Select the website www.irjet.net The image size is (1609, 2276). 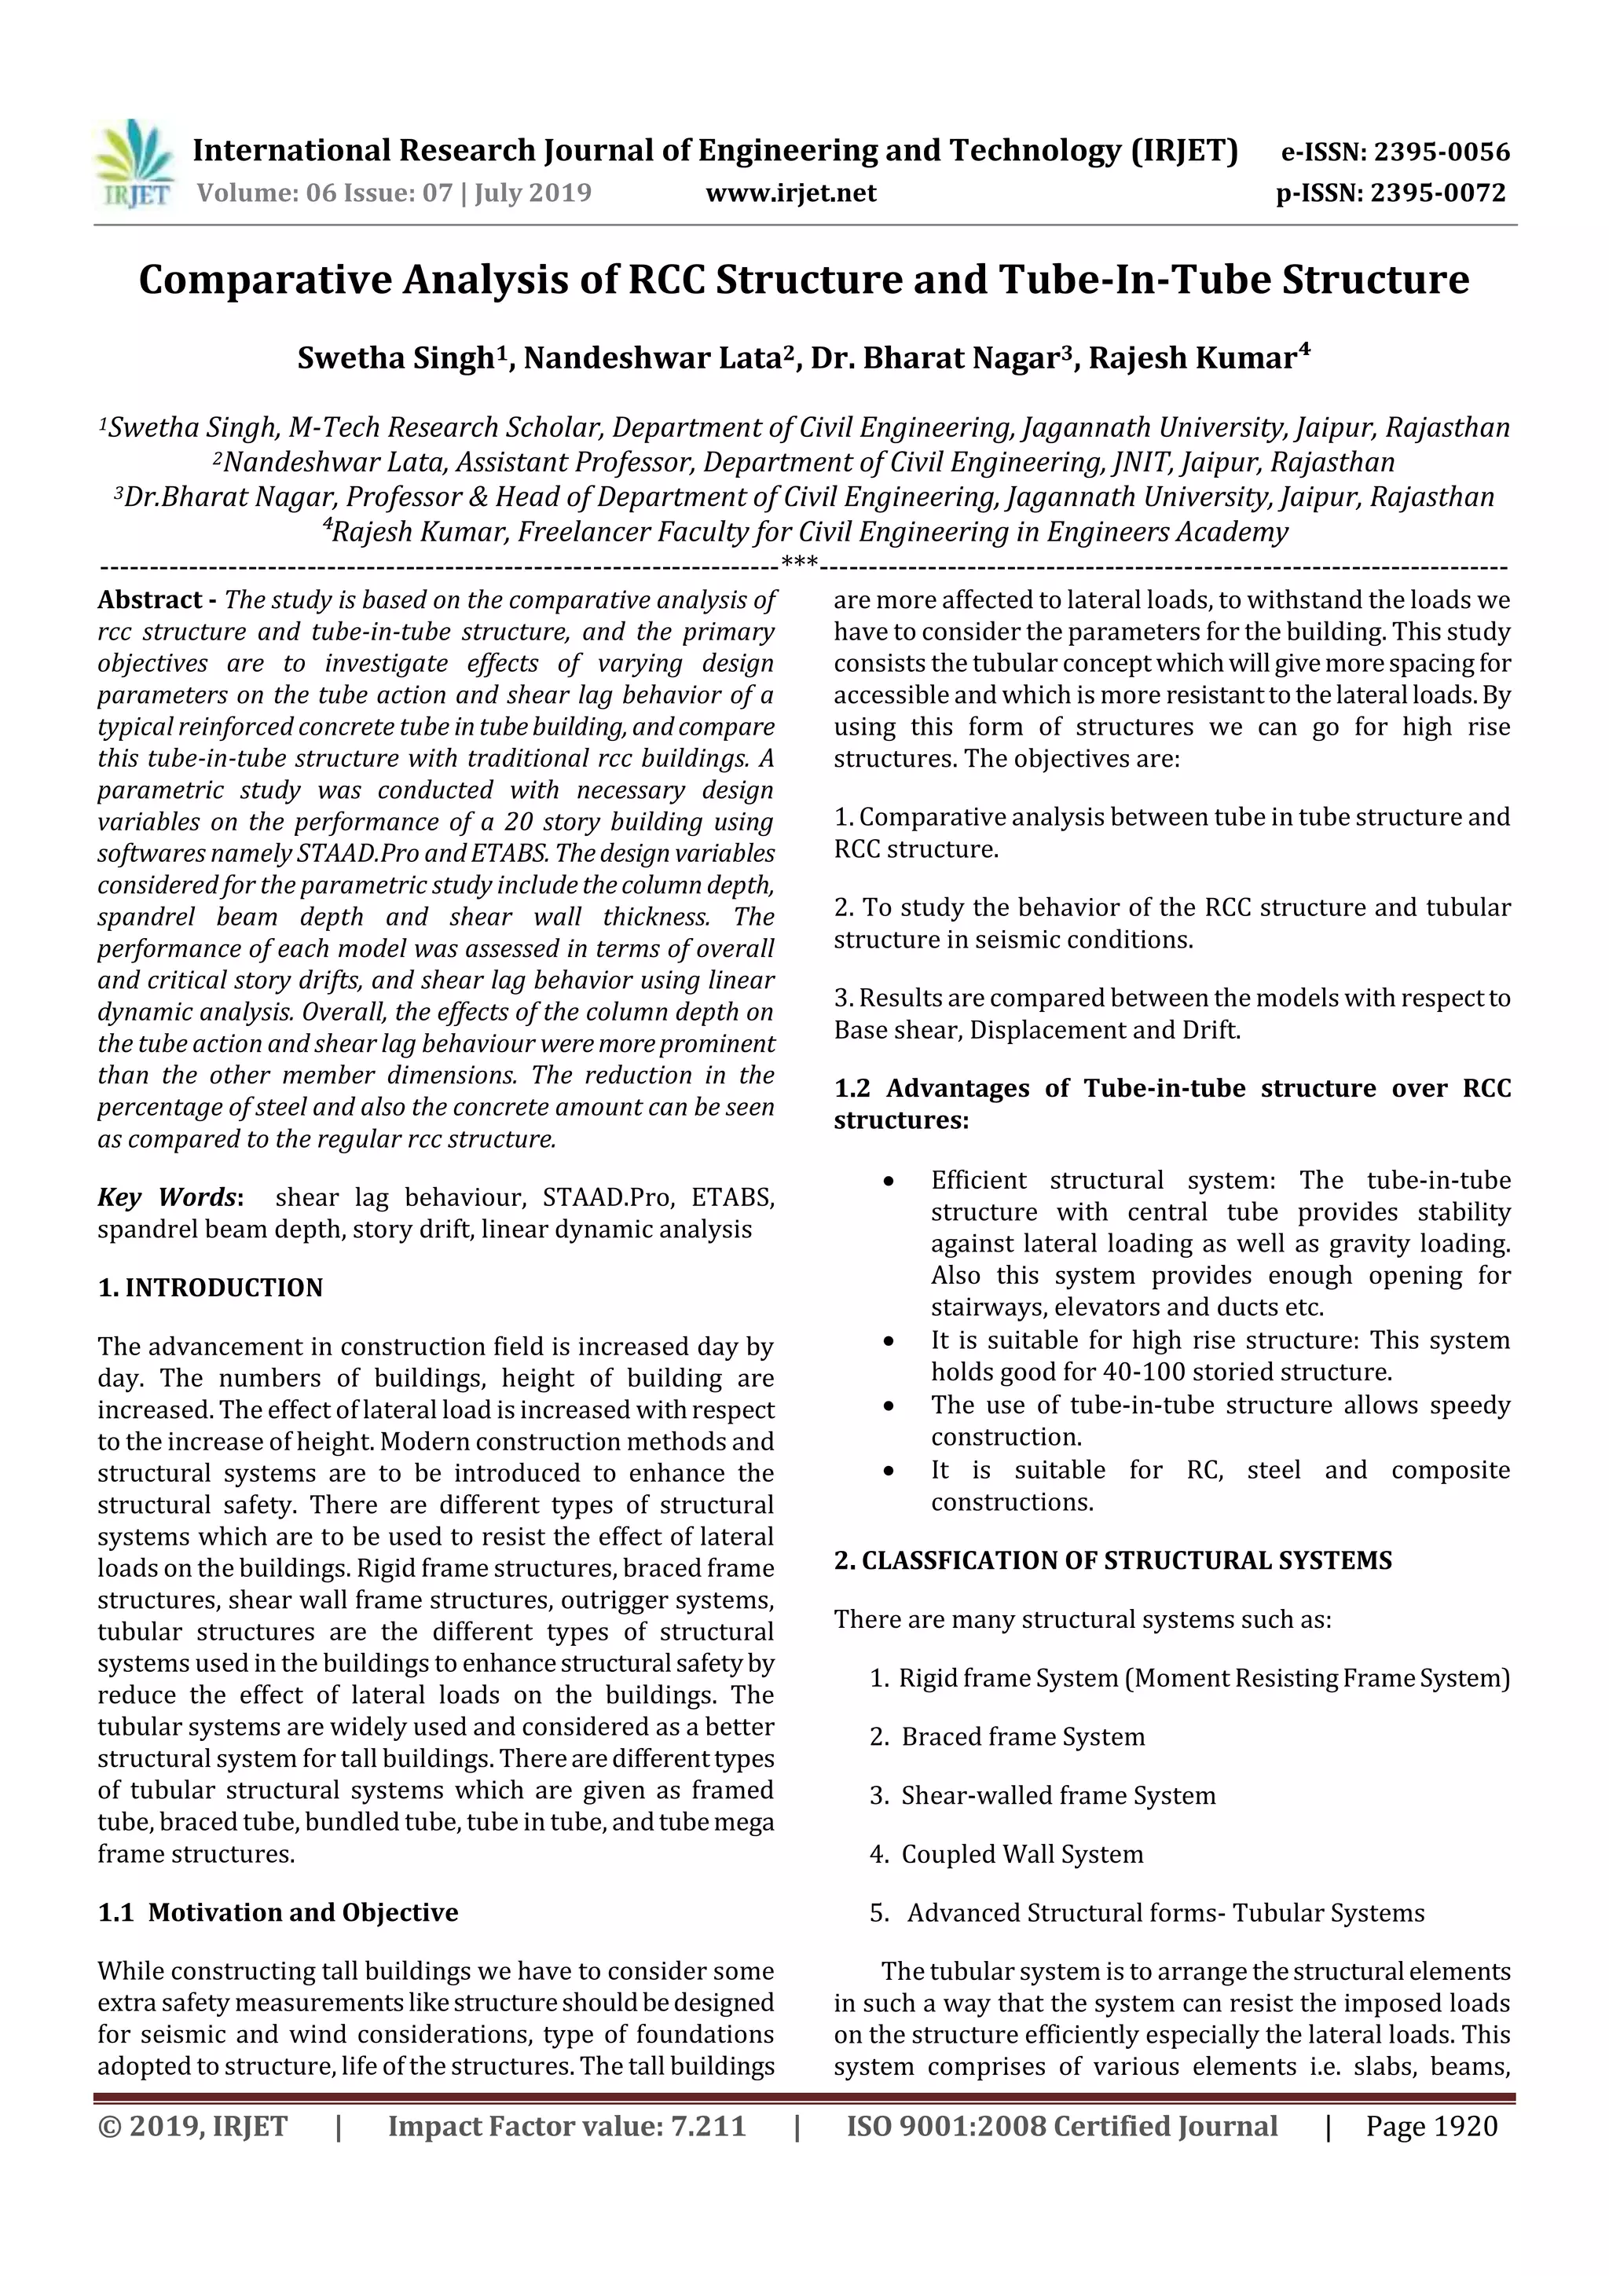pos(790,193)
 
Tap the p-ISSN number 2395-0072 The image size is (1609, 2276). pos(1438,193)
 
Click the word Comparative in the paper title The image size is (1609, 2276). pos(265,280)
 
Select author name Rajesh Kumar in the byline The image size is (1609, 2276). pos(1192,357)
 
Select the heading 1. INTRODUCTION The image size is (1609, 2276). pos(211,1288)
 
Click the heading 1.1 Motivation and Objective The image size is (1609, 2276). pos(277,1912)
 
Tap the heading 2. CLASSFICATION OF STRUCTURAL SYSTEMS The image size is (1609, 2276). pos(1112,1560)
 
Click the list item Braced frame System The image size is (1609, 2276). pos(1022,1737)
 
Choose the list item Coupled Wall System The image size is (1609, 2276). pos(1021,1853)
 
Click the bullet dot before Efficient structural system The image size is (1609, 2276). pos(889,1182)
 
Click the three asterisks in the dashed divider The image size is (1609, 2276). pos(799,563)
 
